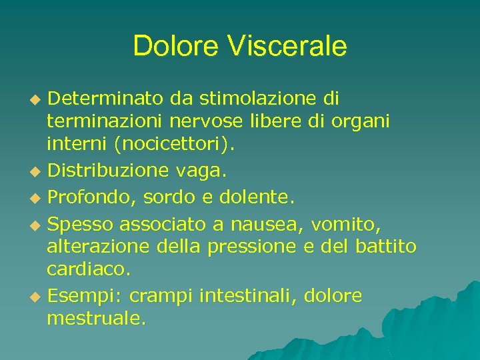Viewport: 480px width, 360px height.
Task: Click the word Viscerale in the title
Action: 287,46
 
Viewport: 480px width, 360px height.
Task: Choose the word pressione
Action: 251,247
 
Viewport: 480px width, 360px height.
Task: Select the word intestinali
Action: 247,295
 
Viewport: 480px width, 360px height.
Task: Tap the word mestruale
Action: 95,319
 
